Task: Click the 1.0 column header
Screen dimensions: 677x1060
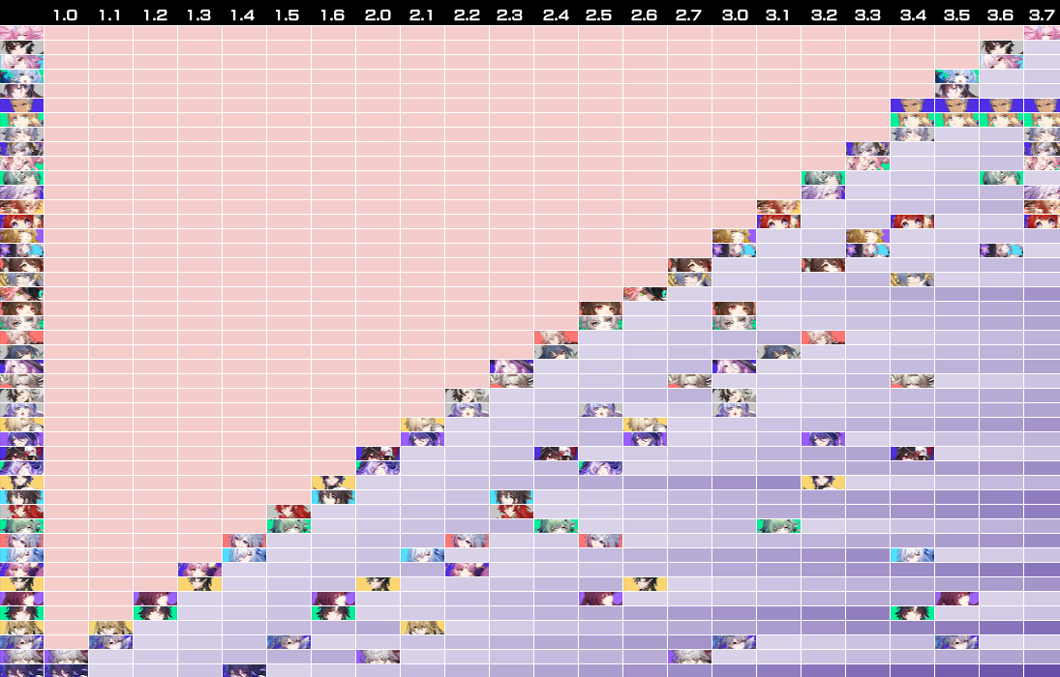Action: [66, 15]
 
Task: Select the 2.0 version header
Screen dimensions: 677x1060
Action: [378, 15]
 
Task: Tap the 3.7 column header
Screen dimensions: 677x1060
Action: [1042, 15]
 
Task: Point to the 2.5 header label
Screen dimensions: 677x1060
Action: [600, 15]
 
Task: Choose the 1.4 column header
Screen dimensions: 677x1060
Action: [244, 15]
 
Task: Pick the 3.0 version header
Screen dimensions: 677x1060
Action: [734, 15]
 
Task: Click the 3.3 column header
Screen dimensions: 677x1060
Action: [867, 15]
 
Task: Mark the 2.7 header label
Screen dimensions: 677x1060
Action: [689, 15]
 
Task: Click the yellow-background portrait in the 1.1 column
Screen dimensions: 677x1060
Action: [110, 628]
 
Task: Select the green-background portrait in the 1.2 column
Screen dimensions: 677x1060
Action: [155, 613]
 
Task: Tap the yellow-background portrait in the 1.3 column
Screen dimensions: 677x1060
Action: [199, 584]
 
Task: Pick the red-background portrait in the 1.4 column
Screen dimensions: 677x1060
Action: [244, 541]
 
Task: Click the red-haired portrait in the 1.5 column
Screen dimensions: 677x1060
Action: [288, 512]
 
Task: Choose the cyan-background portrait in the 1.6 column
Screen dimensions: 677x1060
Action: [333, 497]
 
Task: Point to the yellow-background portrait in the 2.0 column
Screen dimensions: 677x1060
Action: [378, 584]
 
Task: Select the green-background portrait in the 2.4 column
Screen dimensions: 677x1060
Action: [556, 526]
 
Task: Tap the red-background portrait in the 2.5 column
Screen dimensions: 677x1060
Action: [600, 541]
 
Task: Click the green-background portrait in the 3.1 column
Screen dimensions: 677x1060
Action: [778, 526]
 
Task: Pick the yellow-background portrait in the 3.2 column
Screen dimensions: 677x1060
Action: [823, 483]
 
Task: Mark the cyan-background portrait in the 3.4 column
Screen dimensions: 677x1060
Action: [912, 555]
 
